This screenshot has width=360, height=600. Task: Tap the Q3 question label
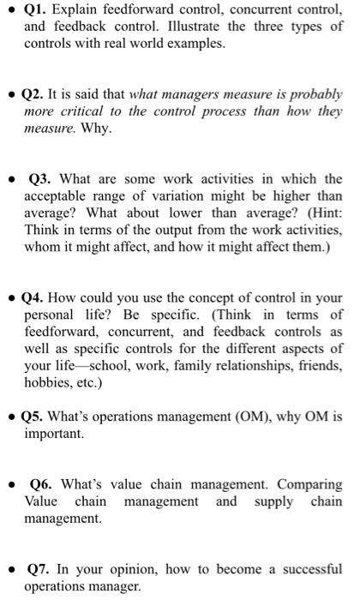44,179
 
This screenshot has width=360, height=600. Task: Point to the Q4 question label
36,298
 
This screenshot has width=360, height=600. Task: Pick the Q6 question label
44,485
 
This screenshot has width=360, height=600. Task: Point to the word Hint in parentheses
308,213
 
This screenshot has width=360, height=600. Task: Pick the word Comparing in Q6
306,485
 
